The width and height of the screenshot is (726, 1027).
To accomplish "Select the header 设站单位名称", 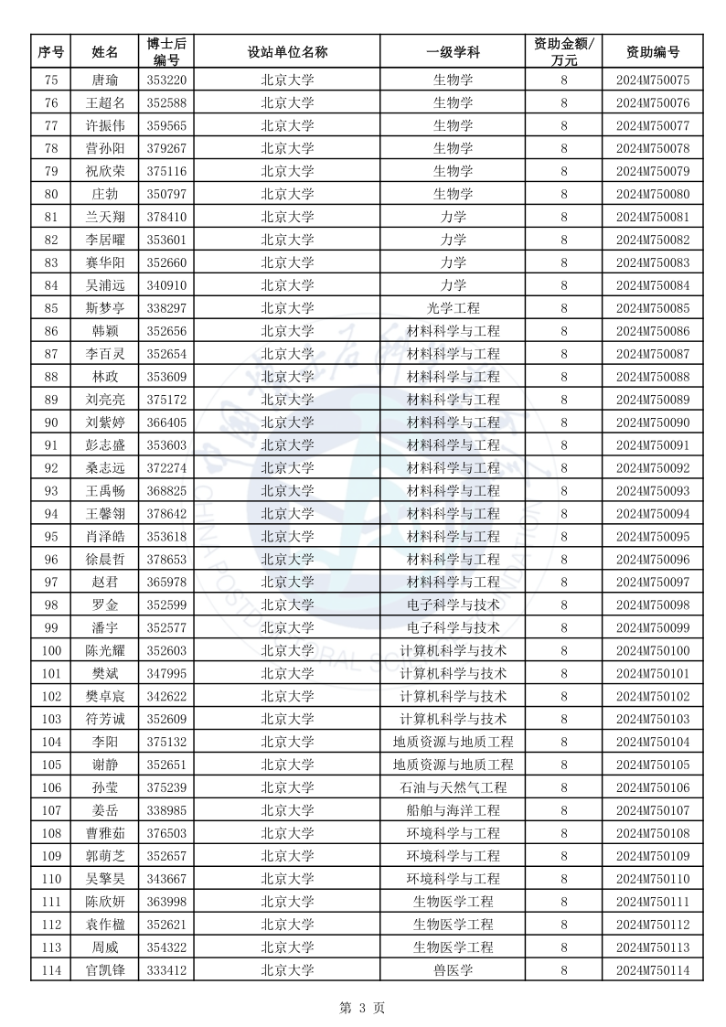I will point(287,52).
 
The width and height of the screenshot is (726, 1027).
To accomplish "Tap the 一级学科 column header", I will point(453,52).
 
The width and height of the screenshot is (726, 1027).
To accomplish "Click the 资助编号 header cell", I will point(652,52).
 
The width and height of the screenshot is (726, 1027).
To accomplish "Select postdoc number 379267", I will point(166,148).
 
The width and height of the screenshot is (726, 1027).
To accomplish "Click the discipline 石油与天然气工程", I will point(453,787).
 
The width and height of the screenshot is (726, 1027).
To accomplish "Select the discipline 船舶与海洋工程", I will point(453,810).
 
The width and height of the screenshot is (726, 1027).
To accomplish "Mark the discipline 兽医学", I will point(453,970).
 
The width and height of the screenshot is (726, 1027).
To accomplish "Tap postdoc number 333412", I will point(166,970).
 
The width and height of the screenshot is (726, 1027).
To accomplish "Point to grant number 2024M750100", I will point(652,650).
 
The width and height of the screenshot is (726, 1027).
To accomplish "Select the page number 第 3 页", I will point(362,1008).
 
